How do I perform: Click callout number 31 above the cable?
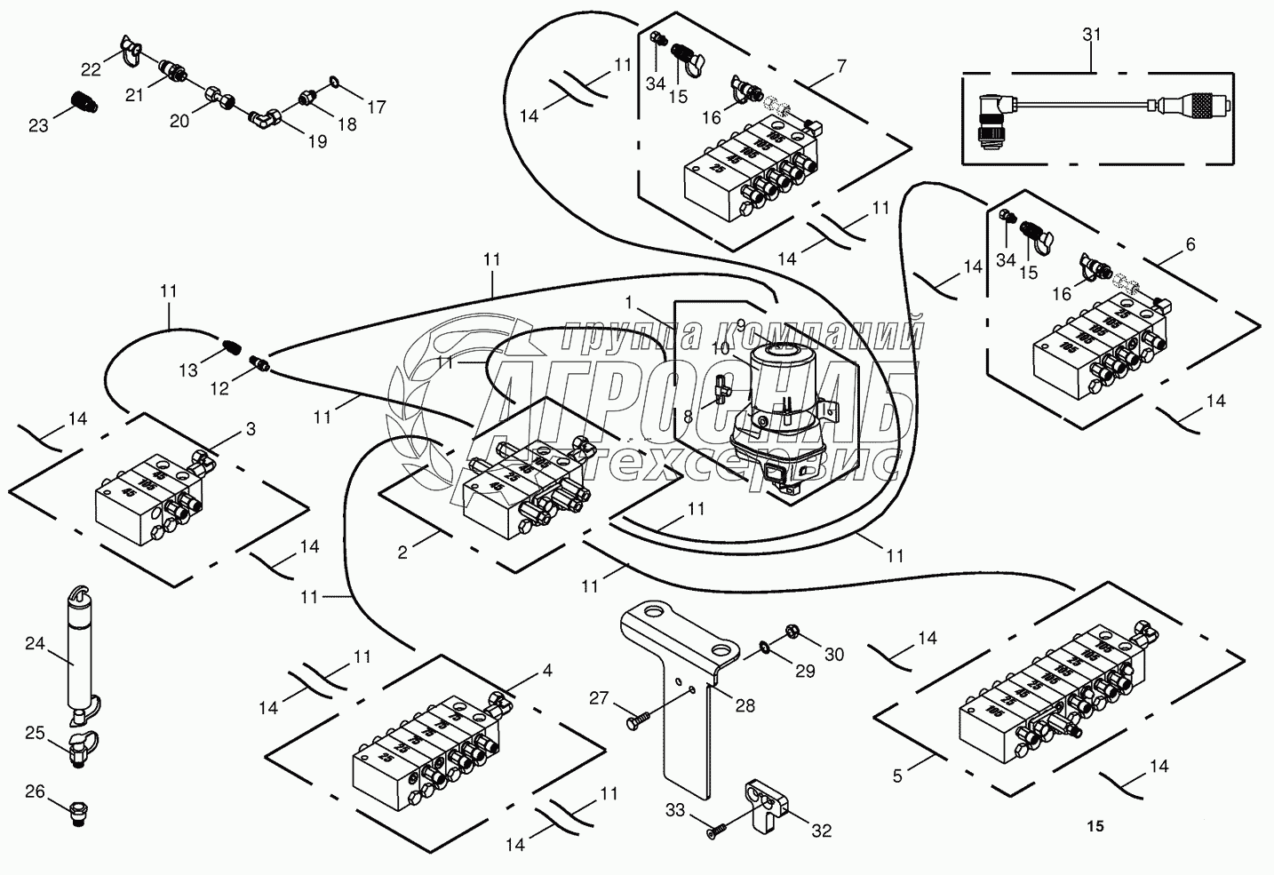(1092, 35)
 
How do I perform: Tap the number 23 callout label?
(38, 126)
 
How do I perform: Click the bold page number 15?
(1095, 826)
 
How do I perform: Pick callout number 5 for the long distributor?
(897, 776)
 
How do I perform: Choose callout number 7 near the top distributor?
(840, 66)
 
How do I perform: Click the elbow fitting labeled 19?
(265, 115)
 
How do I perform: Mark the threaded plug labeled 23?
(83, 101)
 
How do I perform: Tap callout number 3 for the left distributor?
(251, 430)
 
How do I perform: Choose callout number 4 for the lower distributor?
(547, 672)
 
